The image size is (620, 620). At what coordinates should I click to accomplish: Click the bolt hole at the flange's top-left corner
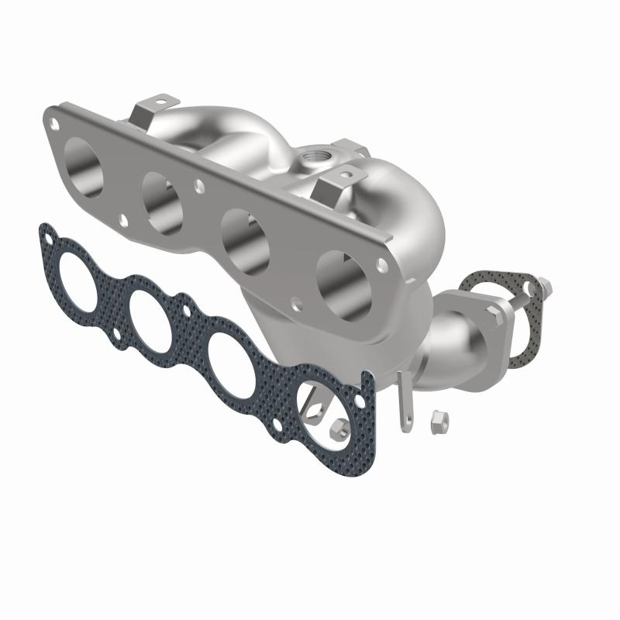coord(53,122)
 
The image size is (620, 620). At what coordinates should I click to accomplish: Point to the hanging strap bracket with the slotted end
coord(402,403)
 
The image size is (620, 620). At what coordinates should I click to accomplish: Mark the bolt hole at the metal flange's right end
coord(380,265)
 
